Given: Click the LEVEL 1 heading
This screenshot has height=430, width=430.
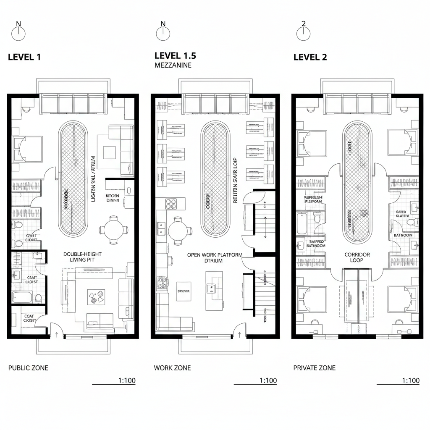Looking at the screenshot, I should coord(24,58).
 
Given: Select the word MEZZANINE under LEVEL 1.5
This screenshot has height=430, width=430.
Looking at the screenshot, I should coord(173,66).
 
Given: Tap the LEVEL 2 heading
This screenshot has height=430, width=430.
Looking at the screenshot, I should coord(310,58).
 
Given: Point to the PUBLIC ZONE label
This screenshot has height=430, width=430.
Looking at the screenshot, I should coord(28,368).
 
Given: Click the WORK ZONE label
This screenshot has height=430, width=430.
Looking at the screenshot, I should coord(172,368).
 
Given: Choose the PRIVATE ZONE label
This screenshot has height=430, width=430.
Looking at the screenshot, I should coord(314,368).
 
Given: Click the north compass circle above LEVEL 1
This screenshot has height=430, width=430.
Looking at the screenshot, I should coord(18,34).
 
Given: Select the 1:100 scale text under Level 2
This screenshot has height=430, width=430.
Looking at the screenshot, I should coord(410,380).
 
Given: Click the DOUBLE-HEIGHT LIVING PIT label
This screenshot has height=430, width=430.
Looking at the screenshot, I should coord(82,257).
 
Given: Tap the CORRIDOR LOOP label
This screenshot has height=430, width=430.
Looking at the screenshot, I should coord(357,257).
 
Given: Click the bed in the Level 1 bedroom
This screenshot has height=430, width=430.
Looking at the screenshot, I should coord(27,149).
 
